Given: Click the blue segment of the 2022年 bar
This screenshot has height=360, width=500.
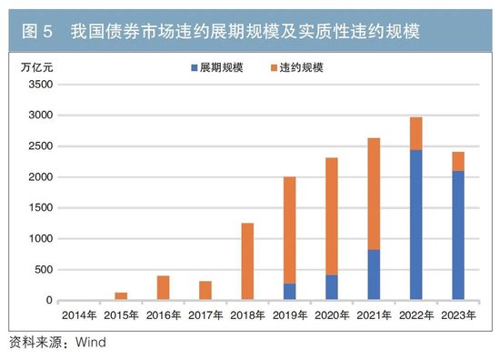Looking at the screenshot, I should coord(415,225).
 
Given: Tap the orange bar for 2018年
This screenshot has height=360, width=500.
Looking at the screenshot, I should coord(248,262).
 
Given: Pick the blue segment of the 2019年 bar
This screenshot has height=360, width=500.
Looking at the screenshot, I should coord(290,292).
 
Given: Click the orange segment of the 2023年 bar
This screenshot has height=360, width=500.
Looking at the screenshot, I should coord(457,161).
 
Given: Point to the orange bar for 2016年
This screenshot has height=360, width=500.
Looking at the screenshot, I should coord(164,288).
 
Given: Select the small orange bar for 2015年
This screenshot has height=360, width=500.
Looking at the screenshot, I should coord(122,296).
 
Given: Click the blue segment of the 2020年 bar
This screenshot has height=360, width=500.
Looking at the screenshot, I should coord(332,287).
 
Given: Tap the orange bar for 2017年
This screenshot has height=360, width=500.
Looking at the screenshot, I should coord(205,291).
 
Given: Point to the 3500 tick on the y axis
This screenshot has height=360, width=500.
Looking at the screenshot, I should coord(39,85).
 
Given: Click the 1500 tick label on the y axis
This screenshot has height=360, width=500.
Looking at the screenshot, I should coord(39,208).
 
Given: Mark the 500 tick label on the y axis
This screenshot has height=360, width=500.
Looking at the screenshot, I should coord(43,270).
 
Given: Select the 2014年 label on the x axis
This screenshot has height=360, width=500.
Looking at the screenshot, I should coord(80,315).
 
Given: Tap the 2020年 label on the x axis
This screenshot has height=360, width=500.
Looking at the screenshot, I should coord(332,315).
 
